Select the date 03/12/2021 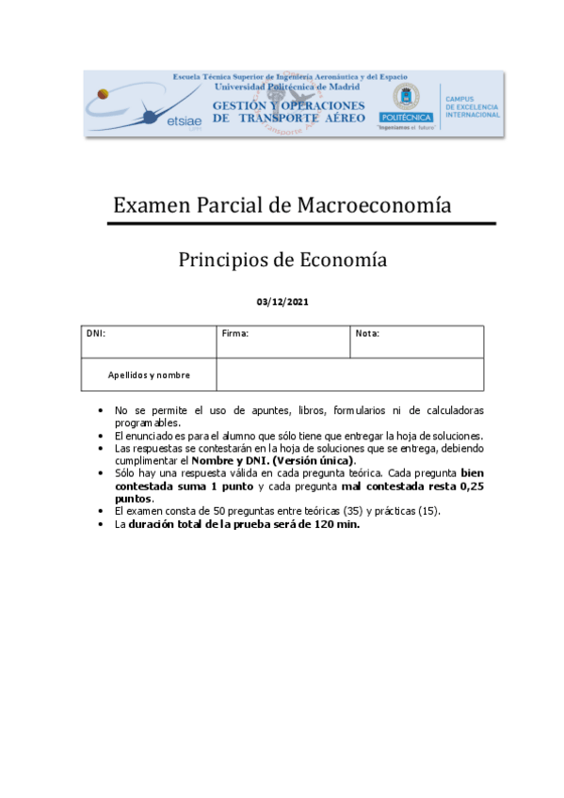coord(282,302)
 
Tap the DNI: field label coord(96,333)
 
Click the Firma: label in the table coord(235,333)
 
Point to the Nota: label coord(367,333)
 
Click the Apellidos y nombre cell coord(149,375)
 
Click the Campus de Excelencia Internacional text coord(472,106)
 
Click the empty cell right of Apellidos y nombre coord(349,375)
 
